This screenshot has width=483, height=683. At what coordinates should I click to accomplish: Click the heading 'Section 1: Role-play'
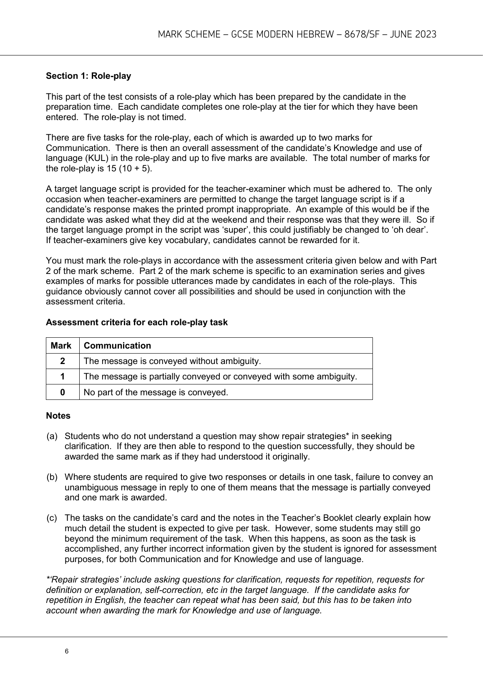pos(88,76)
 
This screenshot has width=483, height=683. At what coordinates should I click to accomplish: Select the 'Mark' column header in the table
pos(61,346)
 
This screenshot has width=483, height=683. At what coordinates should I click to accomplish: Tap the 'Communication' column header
pos(117,346)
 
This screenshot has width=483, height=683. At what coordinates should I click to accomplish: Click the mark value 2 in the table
pos(62,361)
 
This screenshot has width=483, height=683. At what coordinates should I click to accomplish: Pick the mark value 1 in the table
pos(62,377)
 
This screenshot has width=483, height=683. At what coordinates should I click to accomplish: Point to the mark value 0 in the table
pos(62,392)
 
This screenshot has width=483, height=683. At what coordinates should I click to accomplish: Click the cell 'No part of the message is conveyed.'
pos(156,392)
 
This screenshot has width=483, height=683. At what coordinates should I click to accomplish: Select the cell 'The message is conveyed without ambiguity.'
pos(172,361)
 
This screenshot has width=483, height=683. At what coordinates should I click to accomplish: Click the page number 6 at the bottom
pos(67,652)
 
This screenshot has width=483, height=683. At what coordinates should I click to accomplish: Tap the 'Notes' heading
pos(58,416)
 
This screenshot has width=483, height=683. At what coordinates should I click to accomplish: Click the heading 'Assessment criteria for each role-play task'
pos(137,322)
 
